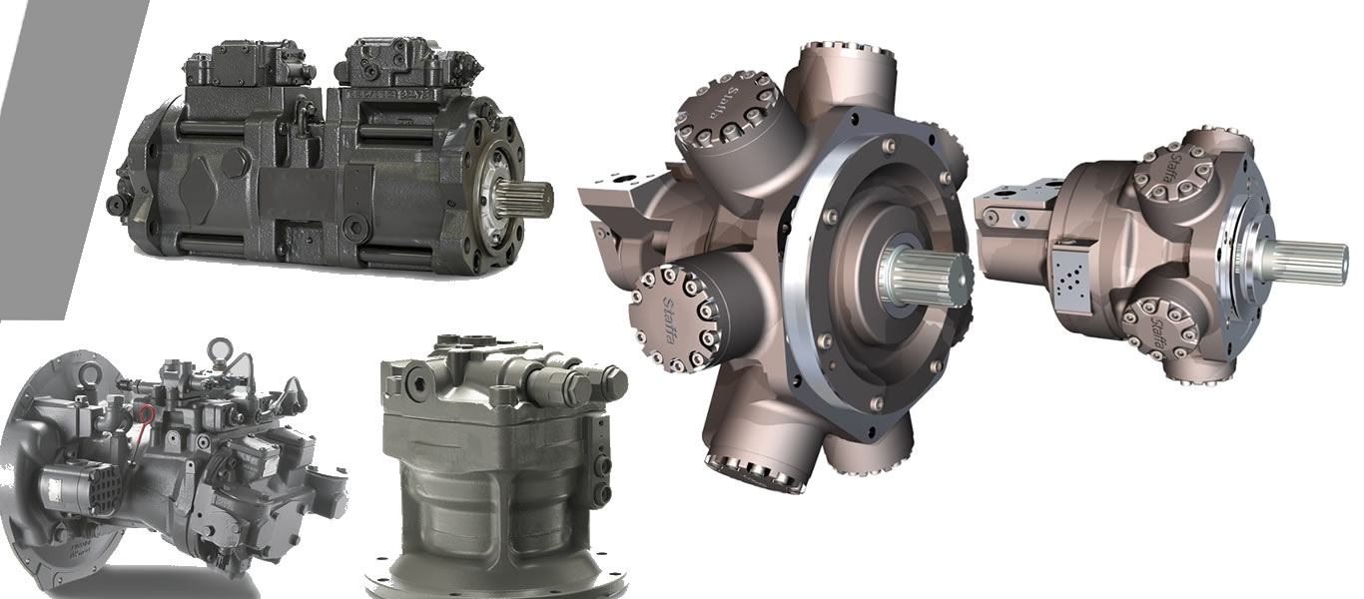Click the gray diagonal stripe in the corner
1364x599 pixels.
pyautogui.click(x=60, y=150)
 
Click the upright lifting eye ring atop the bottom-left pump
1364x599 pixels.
pyautogui.click(x=218, y=352)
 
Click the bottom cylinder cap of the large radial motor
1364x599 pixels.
pyautogui.click(x=753, y=469)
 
